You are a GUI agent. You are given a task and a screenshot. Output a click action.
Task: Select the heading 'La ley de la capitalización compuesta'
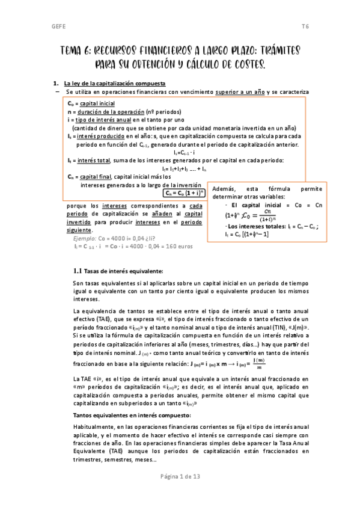click(x=114, y=82)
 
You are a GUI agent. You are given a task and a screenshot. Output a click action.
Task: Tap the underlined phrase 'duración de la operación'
click(x=111, y=112)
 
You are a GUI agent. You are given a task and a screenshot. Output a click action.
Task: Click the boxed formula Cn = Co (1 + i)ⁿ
click(x=184, y=193)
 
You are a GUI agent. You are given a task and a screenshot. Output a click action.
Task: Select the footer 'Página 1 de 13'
click(x=180, y=493)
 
